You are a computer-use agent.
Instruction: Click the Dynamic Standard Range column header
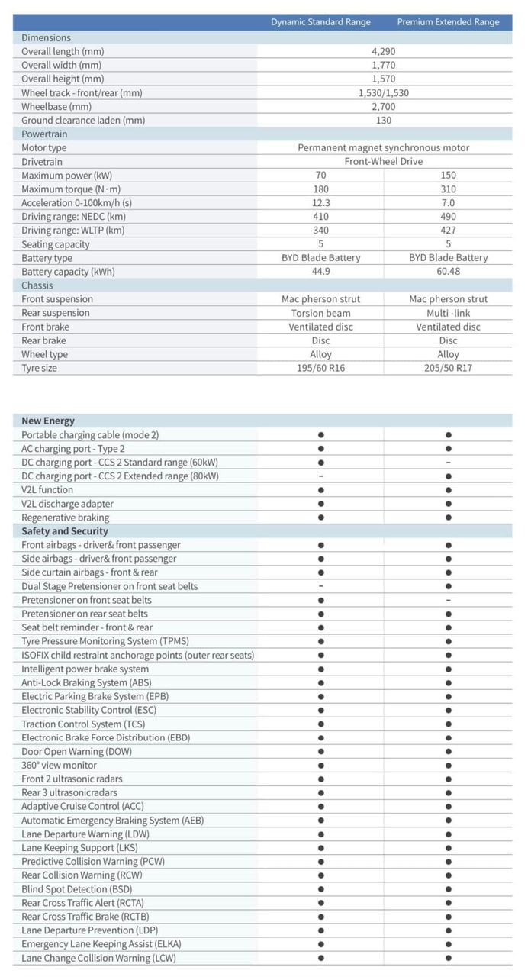(320, 22)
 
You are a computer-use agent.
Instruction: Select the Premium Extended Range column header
(448, 22)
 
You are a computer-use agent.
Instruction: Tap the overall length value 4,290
(383, 52)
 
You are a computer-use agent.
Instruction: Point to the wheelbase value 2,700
(383, 107)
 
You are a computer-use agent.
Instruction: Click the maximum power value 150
(448, 176)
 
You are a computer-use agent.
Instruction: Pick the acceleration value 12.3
(321, 203)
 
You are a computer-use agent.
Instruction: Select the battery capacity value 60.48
(448, 272)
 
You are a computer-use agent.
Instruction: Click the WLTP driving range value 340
(321, 231)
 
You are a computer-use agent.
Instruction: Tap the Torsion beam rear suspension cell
(321, 313)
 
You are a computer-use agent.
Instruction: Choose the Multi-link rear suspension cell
(448, 313)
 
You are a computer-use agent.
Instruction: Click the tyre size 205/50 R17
(448, 368)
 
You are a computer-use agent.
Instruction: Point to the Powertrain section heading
(44, 134)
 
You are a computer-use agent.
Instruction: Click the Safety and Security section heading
(65, 531)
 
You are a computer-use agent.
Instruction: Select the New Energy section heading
(48, 421)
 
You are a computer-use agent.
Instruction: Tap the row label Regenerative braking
(66, 518)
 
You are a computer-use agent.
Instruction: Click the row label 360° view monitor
(60, 765)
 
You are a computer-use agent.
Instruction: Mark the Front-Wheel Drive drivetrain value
(383, 162)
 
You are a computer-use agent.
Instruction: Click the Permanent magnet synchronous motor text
(383, 148)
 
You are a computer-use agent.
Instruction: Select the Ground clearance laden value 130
(383, 121)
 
